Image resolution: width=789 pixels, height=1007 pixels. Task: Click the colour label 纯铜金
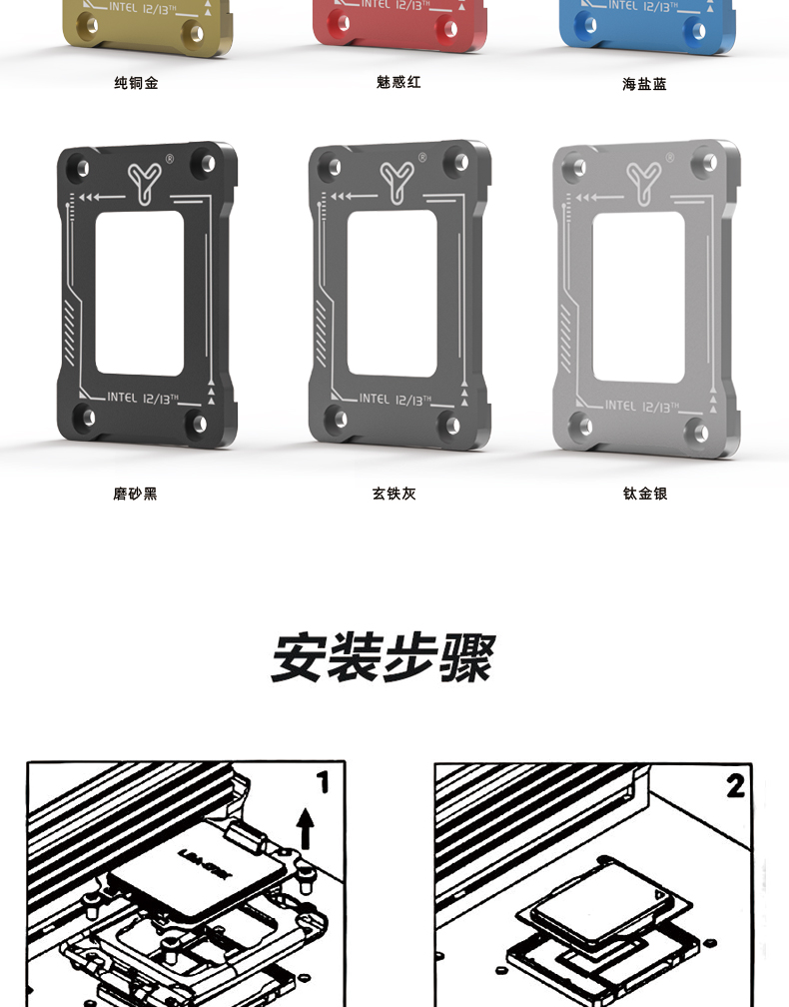[x=136, y=83]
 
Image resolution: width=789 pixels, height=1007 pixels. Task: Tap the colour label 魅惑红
[x=398, y=82]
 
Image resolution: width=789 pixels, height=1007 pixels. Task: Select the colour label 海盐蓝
[x=644, y=85]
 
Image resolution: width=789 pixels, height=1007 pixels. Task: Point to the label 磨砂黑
[x=135, y=494]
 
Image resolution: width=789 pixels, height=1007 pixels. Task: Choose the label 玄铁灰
[x=394, y=494]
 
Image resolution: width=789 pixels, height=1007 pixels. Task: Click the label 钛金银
[x=644, y=494]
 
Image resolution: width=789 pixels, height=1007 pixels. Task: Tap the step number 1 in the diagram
[x=323, y=782]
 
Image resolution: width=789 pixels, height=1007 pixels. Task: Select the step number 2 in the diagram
[x=736, y=786]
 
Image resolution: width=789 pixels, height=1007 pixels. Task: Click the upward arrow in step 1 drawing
[x=306, y=829]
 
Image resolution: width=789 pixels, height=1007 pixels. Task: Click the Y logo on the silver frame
[x=645, y=179]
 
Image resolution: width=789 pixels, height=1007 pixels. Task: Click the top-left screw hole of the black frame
[x=83, y=167]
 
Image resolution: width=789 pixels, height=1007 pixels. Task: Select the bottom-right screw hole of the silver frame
[x=700, y=432]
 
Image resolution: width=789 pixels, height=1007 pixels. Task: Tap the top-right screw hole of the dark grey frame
[x=454, y=161]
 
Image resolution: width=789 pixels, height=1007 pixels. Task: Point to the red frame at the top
[x=399, y=25]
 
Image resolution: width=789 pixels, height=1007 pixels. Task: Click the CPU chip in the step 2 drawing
[x=596, y=917]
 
